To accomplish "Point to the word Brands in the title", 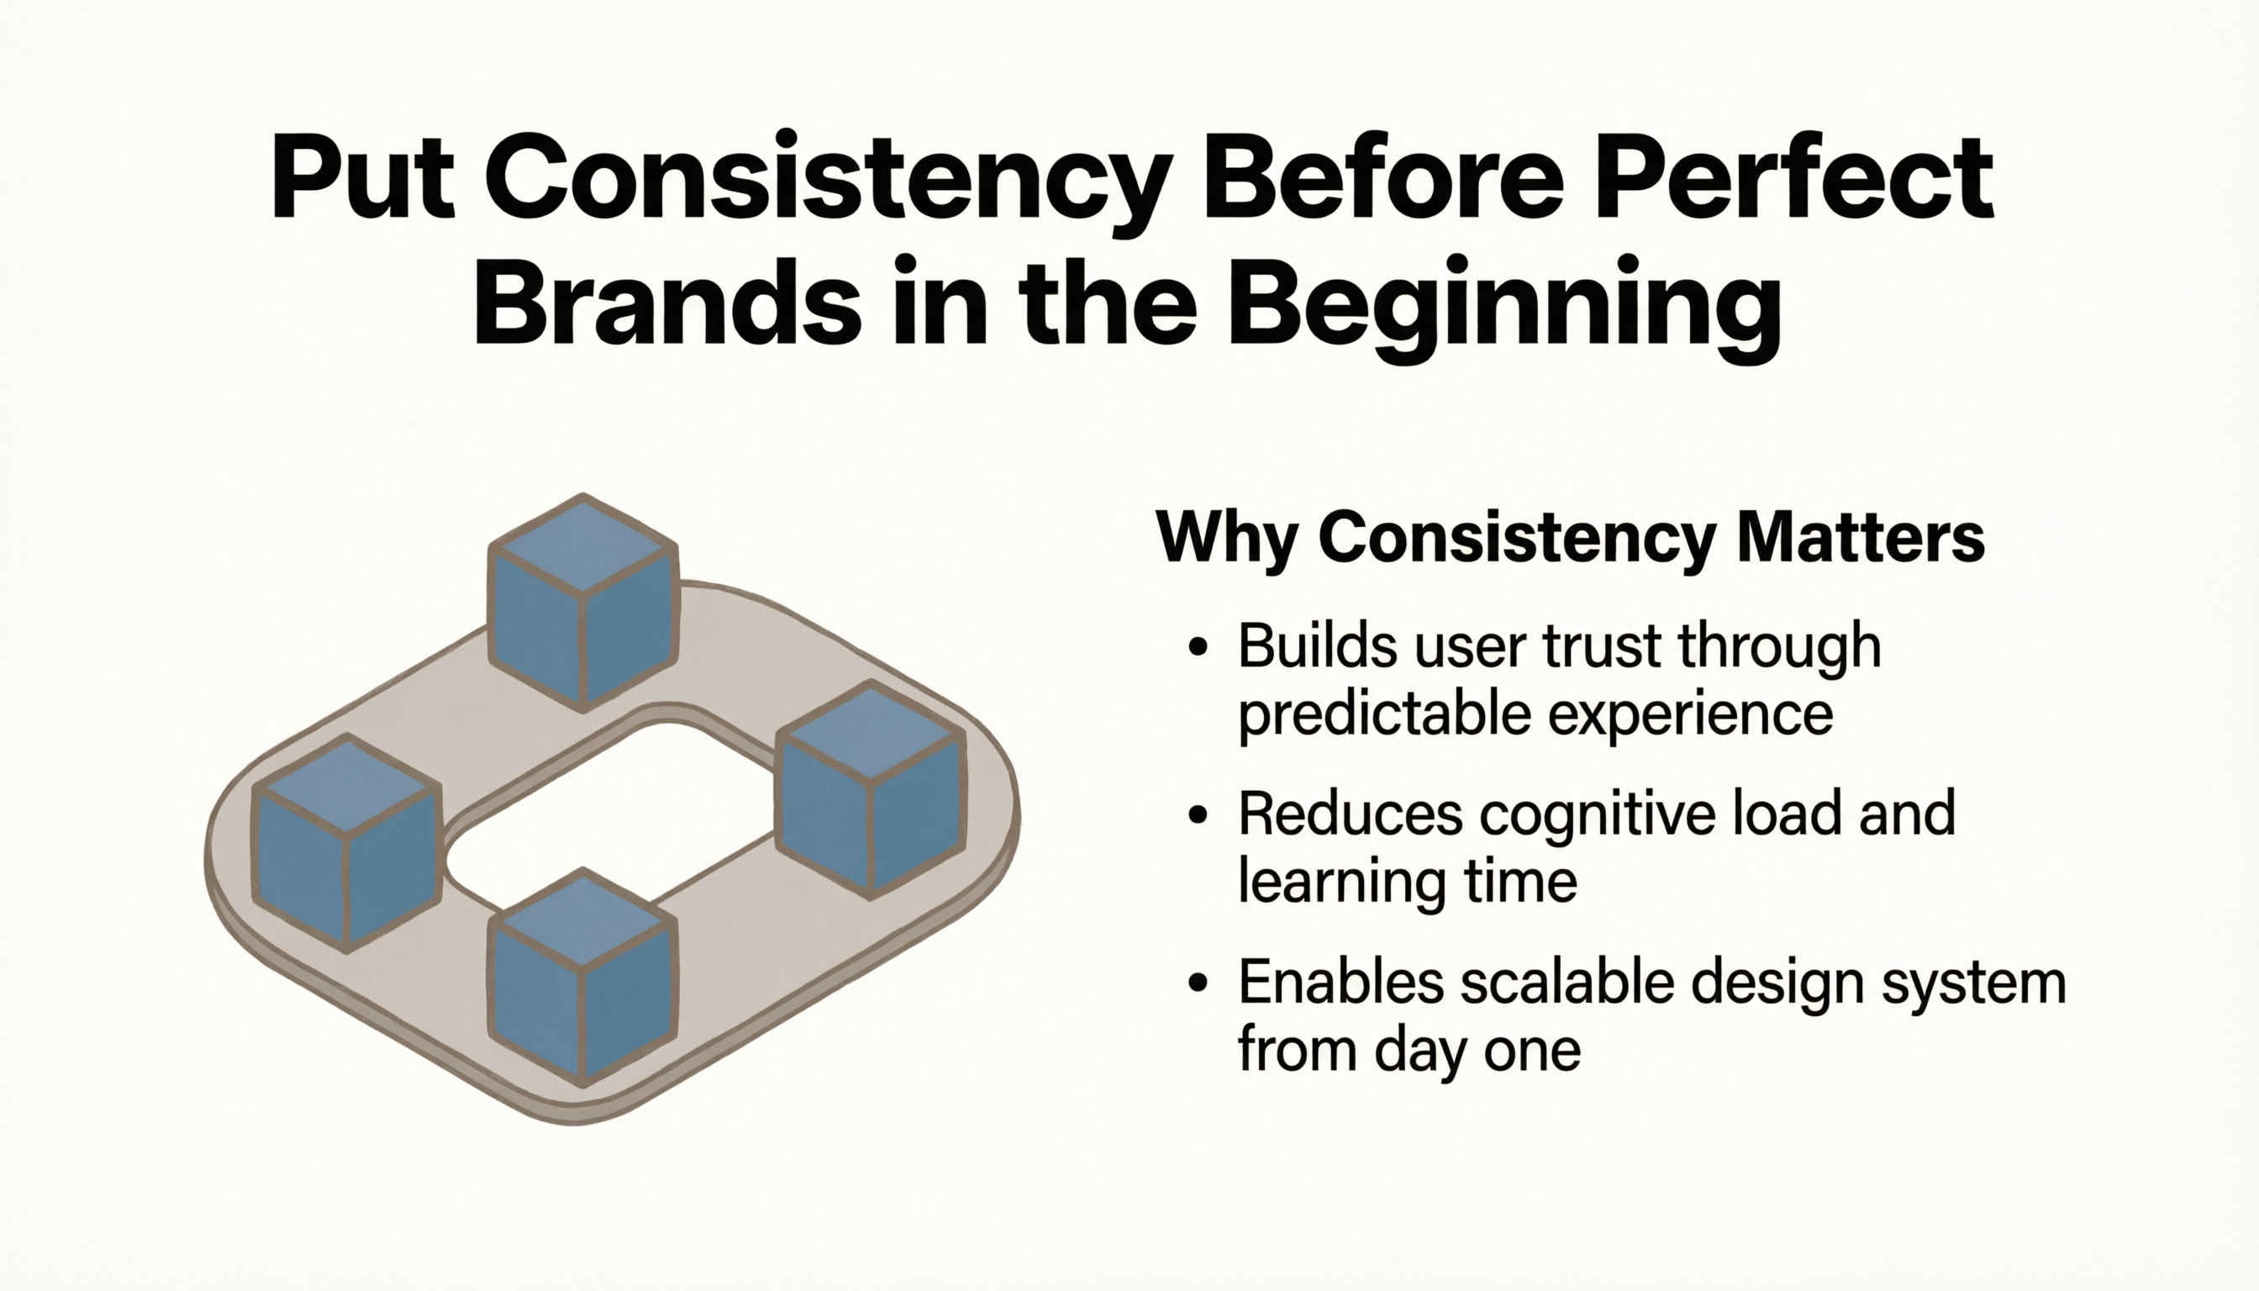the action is [666, 302].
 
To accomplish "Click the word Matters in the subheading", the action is [1861, 536].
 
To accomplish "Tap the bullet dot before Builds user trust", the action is [1198, 646].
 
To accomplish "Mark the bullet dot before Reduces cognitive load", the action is [1198, 814].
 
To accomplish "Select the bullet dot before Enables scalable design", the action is [1198, 983].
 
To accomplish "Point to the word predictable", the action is [1384, 714].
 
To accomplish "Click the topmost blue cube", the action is [583, 603].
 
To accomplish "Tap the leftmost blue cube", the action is [346, 843].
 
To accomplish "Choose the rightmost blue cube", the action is [871, 790].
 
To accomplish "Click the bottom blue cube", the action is [582, 977].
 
